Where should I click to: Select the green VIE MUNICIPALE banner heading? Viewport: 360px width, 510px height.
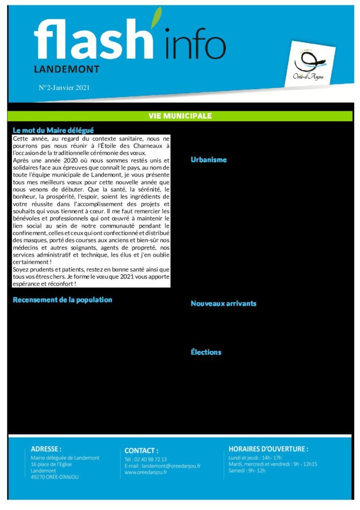click(180, 116)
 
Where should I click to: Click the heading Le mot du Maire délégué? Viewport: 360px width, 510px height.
click(53, 130)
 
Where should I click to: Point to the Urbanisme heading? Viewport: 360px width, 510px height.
click(209, 159)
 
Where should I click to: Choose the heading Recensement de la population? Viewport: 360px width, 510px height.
click(62, 300)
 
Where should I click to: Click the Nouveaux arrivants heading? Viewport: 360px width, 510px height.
click(223, 303)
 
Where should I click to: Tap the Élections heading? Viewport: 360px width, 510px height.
click(206, 352)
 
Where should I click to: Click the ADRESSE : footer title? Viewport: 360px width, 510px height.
click(46, 449)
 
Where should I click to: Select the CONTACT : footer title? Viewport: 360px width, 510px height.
click(141, 450)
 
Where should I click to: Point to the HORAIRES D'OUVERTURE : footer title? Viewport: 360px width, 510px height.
click(268, 449)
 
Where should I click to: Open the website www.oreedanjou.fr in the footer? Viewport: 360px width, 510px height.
click(145, 472)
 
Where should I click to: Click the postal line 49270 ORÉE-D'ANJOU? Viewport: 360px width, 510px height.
click(55, 477)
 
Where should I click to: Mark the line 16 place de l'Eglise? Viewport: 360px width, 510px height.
click(55, 464)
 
